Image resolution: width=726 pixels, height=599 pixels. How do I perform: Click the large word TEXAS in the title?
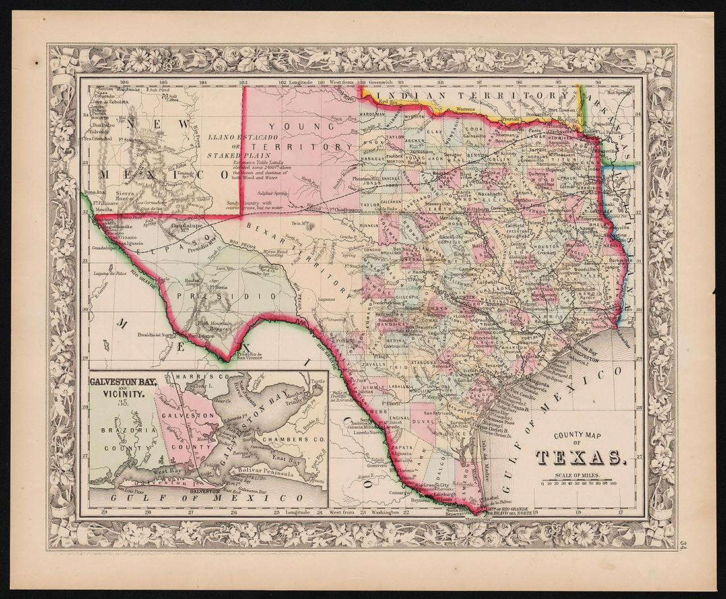coord(577,457)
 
